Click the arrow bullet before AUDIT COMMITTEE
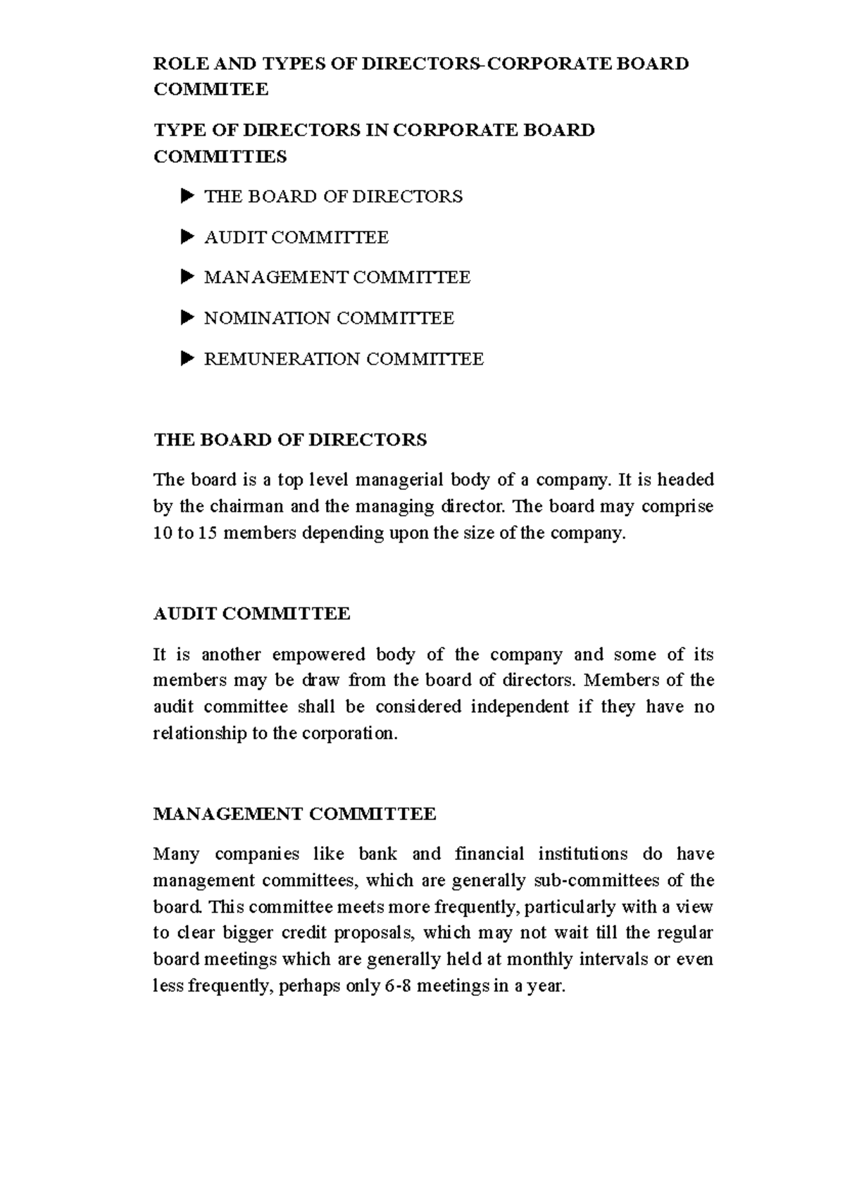pyautogui.click(x=187, y=237)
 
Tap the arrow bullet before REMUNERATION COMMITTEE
pyautogui.click(x=187, y=359)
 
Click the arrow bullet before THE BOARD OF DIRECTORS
pyautogui.click(x=187, y=196)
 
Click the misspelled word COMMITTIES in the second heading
pyautogui.click(x=220, y=157)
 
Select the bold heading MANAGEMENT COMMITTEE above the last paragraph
pyautogui.click(x=294, y=814)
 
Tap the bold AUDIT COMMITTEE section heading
pyautogui.click(x=251, y=614)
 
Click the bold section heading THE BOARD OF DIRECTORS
pyautogui.click(x=290, y=441)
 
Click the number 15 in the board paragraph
pyautogui.click(x=208, y=533)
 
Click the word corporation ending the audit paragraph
pyautogui.click(x=349, y=734)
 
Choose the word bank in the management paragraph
pyautogui.click(x=378, y=854)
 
